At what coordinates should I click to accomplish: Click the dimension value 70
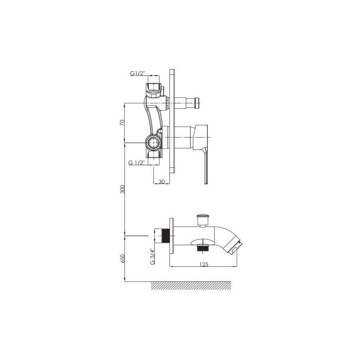pos(122,123)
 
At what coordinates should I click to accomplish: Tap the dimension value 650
pos(123,259)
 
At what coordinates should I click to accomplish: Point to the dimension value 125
pos(204,264)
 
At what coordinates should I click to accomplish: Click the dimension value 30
pos(162,181)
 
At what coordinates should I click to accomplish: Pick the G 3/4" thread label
pos(152,256)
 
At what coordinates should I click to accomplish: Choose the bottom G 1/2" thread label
pos(136,163)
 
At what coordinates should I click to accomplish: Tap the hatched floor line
pos(191,285)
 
